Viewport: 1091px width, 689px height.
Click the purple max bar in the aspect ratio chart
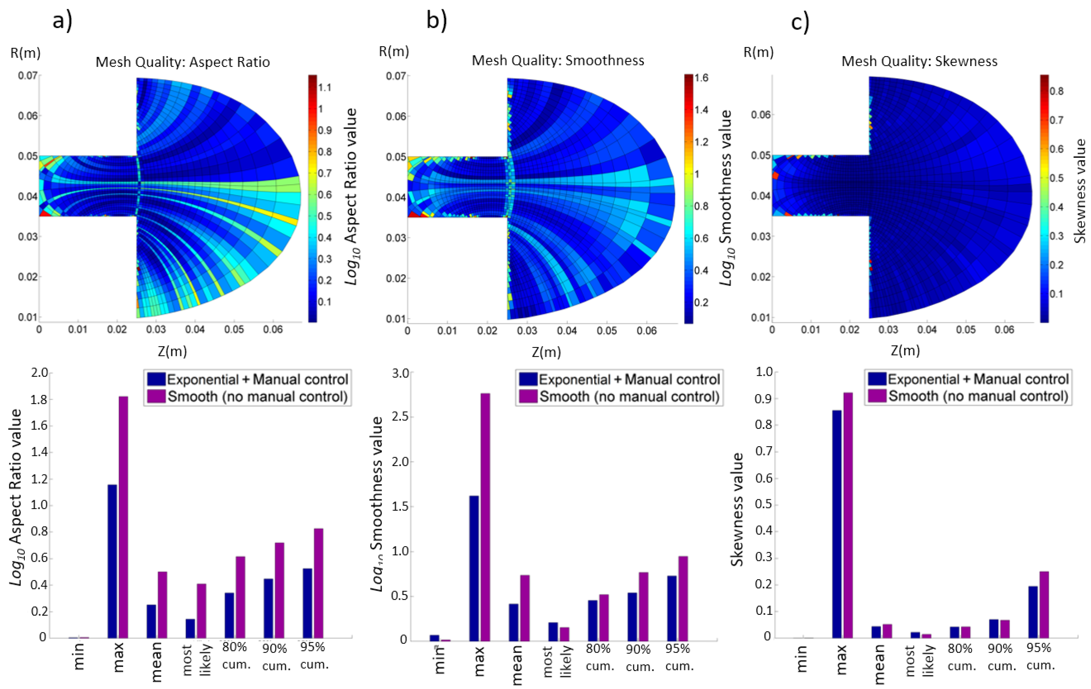pyautogui.click(x=123, y=516)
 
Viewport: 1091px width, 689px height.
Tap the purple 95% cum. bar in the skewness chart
pyautogui.click(x=1044, y=604)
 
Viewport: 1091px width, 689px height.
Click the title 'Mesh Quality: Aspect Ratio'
pyautogui.click(x=183, y=62)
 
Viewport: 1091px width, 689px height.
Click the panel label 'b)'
pyautogui.click(x=436, y=20)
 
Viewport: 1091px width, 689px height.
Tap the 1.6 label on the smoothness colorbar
pyautogui.click(x=701, y=78)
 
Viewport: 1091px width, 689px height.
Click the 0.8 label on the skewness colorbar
pyautogui.click(x=1057, y=91)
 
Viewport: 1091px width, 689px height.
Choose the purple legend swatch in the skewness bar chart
pyautogui.click(x=877, y=396)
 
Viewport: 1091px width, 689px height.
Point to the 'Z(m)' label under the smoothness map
pyautogui.click(x=546, y=352)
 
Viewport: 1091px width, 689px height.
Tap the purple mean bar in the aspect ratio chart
pyautogui.click(x=162, y=604)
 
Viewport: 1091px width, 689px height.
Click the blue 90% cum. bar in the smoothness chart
pyautogui.click(x=632, y=616)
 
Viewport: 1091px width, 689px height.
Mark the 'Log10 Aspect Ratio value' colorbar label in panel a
pyautogui.click(x=352, y=197)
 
